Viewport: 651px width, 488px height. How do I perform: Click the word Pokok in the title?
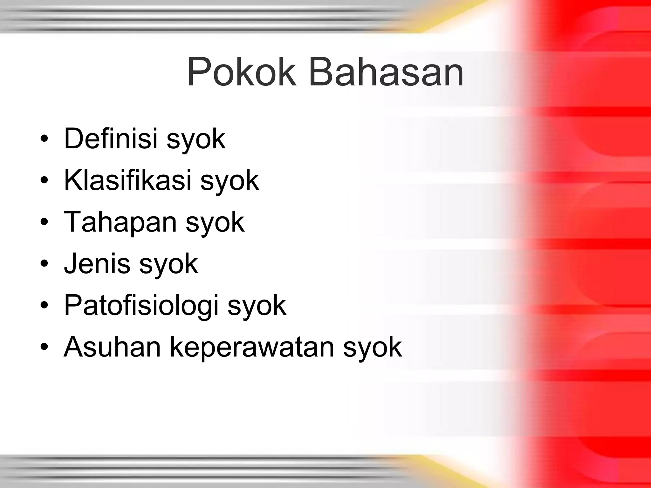point(242,72)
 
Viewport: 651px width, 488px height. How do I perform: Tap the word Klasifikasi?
point(127,180)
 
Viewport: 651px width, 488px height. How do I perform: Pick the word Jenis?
point(97,263)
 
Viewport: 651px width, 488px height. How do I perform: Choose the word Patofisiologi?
point(141,305)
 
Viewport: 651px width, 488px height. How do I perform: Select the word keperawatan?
point(251,347)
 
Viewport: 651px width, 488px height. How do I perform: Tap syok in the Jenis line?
point(168,265)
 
